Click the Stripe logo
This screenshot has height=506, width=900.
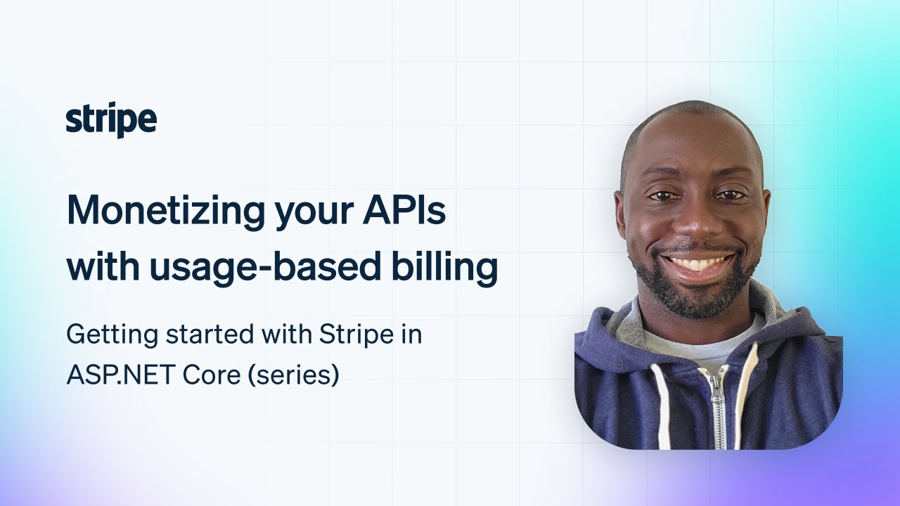(x=111, y=121)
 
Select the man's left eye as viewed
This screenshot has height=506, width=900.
(x=661, y=195)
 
